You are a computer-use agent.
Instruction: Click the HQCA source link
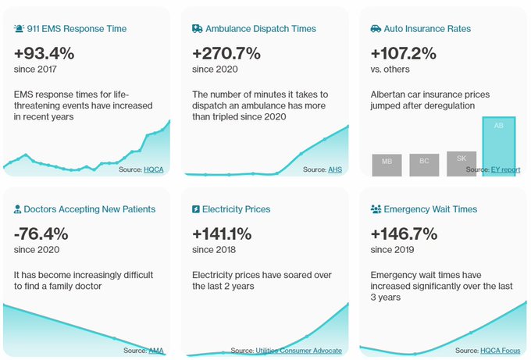[154, 169]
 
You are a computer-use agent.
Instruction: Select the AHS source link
[334, 169]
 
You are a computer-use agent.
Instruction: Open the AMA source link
[156, 351]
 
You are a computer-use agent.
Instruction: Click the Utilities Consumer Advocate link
[299, 351]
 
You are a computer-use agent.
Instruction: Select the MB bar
[387, 164]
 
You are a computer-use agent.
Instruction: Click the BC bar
[424, 164]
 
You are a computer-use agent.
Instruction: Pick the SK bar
[462, 162]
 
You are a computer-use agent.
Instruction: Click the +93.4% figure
[45, 54]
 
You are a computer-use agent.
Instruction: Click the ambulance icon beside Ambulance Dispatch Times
[197, 29]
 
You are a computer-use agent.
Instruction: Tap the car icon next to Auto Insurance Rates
[376, 29]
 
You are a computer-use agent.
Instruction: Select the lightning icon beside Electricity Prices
[196, 209]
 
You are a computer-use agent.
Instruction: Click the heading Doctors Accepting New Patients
[90, 209]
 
